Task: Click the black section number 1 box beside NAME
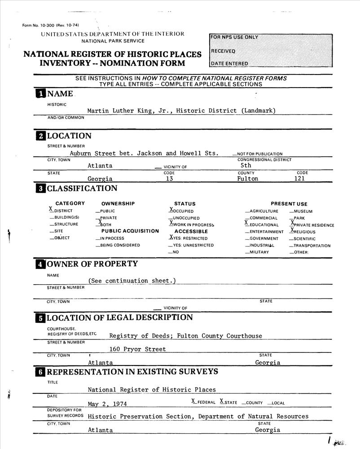click(x=40, y=93)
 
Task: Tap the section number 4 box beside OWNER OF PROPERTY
click(x=40, y=264)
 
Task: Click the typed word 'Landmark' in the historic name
click(x=258, y=110)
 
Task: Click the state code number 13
click(x=169, y=178)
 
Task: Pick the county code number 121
click(x=299, y=178)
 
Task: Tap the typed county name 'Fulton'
click(x=248, y=178)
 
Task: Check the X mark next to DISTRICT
click(x=51, y=209)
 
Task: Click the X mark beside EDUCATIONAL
click(x=246, y=223)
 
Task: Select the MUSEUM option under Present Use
click(x=303, y=211)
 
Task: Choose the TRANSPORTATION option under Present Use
click(x=312, y=246)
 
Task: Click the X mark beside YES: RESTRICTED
click(x=171, y=237)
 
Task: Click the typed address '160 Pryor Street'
click(x=138, y=349)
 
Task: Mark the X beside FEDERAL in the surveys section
click(x=193, y=401)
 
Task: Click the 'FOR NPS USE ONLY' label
click(x=234, y=37)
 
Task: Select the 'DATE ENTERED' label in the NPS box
click(x=229, y=64)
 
